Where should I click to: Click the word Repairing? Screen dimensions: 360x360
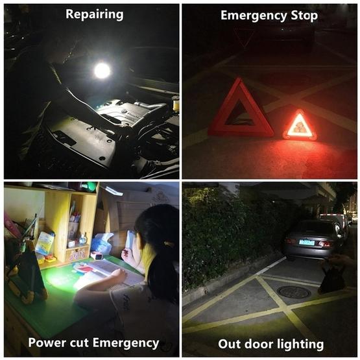tap(94, 15)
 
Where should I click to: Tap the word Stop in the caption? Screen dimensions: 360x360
tap(304, 15)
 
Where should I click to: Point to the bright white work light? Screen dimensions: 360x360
tap(102, 70)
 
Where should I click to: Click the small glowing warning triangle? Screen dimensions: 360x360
tap(300, 125)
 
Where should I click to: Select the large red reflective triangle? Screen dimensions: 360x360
tap(241, 109)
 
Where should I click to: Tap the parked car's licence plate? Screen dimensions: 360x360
tap(307, 243)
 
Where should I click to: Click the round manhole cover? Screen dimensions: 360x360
tap(294, 293)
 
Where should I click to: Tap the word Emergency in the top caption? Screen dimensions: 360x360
tap(254, 16)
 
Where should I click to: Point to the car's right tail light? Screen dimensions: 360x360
tap(324, 244)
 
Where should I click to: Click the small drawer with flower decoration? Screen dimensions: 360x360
tap(77, 253)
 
